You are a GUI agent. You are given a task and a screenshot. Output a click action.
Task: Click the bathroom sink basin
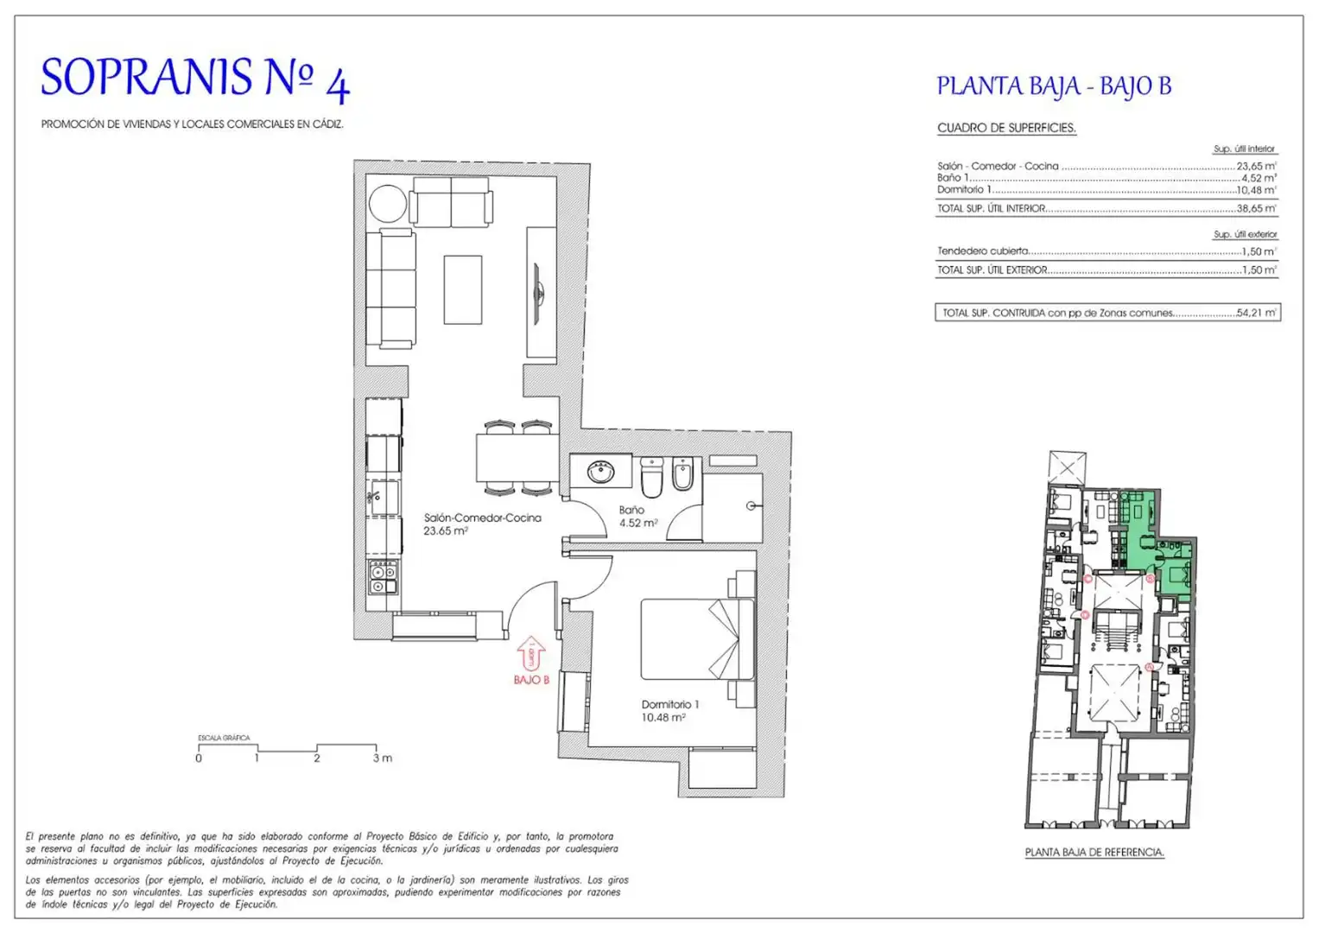coord(600,472)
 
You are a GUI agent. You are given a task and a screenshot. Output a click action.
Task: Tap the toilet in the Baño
coord(652,477)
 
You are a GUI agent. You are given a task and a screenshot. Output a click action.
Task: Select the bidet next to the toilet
coord(683,473)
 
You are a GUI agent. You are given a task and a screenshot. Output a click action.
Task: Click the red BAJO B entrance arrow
coord(531,652)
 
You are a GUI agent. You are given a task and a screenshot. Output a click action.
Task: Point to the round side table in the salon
coord(388,203)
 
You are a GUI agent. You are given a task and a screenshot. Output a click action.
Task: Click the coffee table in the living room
coord(463,289)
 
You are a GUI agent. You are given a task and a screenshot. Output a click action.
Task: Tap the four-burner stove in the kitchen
coord(384,578)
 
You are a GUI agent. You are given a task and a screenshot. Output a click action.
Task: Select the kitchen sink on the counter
coord(383,498)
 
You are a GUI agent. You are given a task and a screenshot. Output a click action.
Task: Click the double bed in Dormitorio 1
coord(698,639)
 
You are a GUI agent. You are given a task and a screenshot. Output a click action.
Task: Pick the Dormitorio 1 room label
coord(670,704)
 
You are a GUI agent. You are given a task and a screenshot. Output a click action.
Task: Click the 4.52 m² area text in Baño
coord(638,523)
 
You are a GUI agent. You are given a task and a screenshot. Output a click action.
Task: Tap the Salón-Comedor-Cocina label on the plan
coord(482,517)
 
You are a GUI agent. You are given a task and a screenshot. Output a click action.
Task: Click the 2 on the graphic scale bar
coord(317,758)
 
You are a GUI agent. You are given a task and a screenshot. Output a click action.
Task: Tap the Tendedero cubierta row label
coord(983,251)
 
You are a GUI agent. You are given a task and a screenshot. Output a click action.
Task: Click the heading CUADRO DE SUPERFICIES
coord(1006,128)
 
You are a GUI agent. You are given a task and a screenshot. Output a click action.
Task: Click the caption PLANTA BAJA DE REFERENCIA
coord(1094,853)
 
